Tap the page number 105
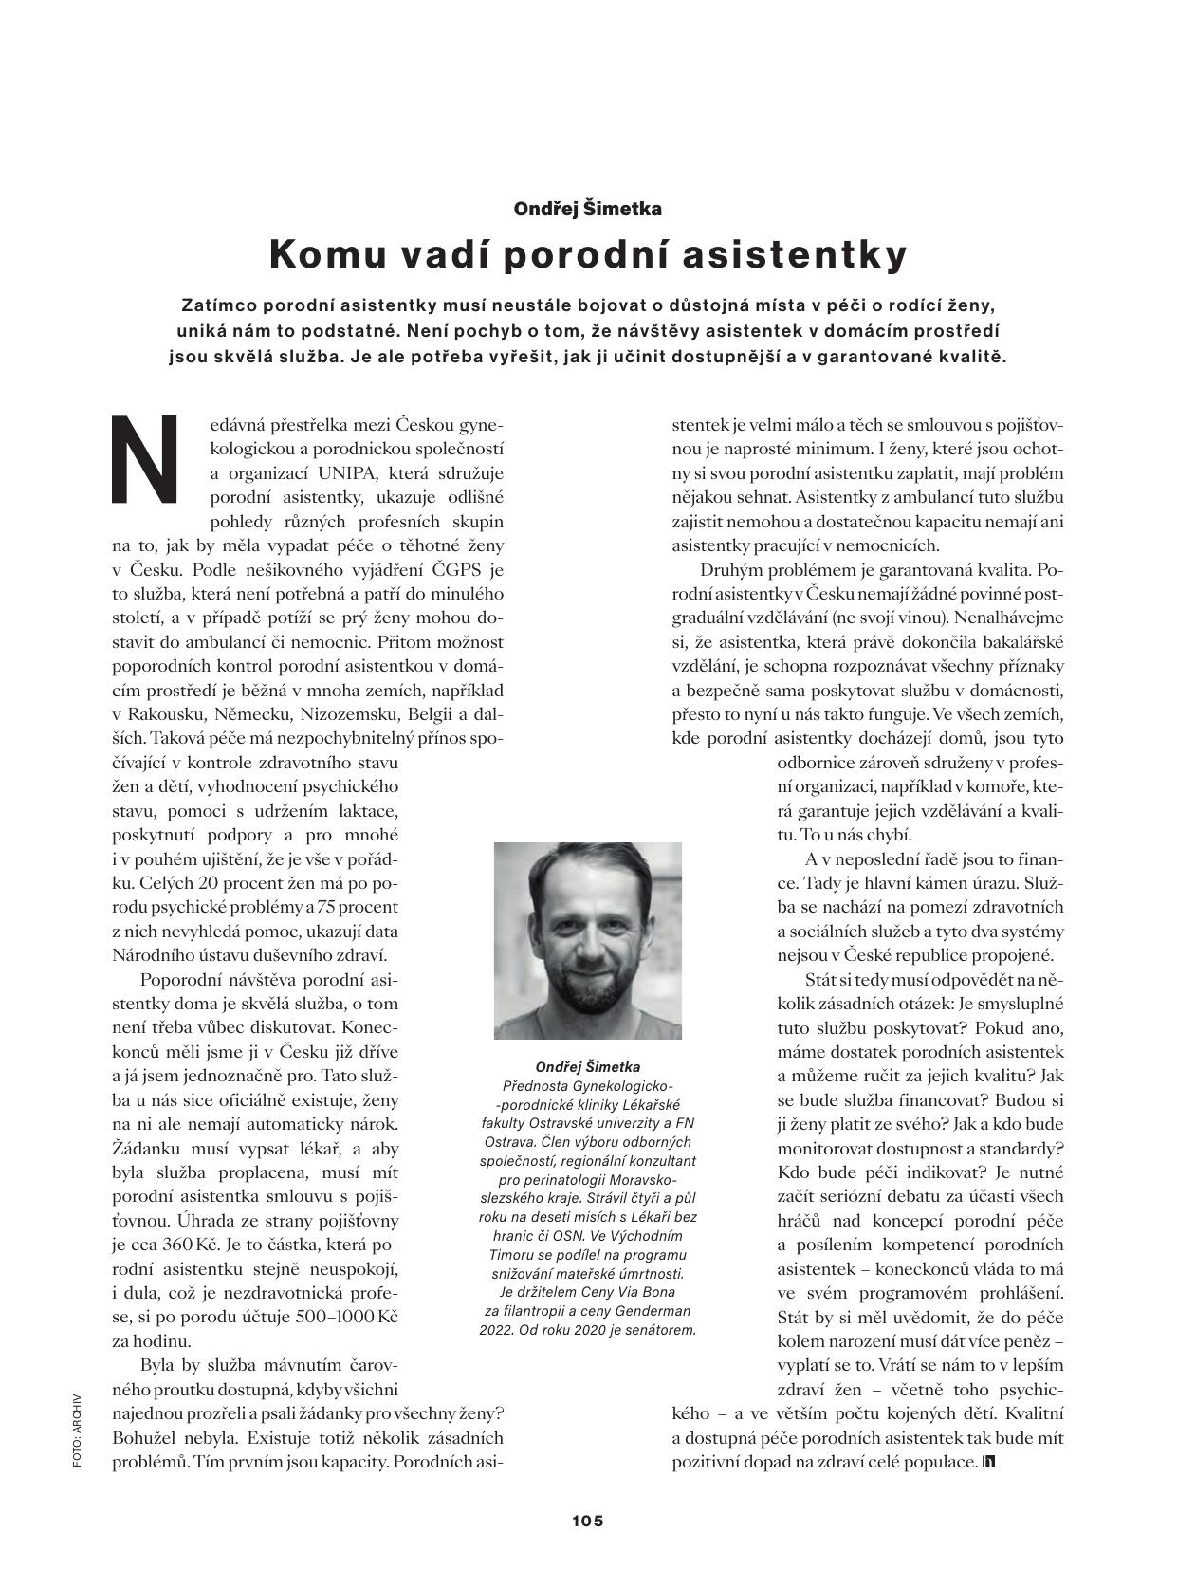tap(587, 1521)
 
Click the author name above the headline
tap(587, 208)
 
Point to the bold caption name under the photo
tap(587, 1066)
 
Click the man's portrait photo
tap(587, 940)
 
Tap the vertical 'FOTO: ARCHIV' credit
tap(77, 1431)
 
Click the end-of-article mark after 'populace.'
tap(989, 1463)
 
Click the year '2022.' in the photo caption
tap(498, 1329)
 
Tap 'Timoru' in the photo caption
tap(502, 1254)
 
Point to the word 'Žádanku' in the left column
tap(144, 1147)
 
